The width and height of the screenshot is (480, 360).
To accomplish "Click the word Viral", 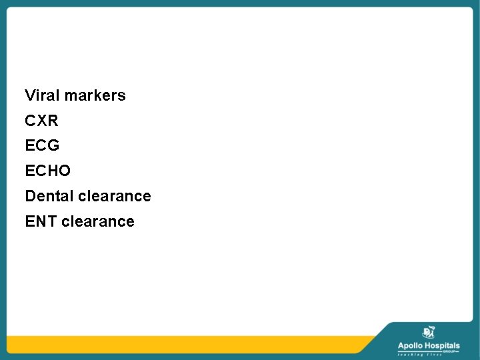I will tap(42, 95).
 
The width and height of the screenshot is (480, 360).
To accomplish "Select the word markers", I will tap(95, 95).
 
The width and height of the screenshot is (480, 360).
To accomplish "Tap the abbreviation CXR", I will tap(41, 121).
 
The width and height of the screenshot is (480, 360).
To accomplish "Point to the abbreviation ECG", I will tap(42, 146).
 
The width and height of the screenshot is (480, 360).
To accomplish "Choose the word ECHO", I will tap(47, 171).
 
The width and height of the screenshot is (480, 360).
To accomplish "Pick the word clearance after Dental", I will tap(115, 196).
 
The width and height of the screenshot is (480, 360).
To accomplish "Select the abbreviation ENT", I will tap(41, 221).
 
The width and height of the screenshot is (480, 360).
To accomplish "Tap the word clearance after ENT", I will tap(98, 221).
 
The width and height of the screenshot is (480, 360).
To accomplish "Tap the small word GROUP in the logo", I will tap(451, 351).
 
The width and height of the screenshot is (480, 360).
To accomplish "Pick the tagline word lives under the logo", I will tap(435, 355).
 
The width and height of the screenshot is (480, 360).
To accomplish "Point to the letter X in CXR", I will tap(41, 121).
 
